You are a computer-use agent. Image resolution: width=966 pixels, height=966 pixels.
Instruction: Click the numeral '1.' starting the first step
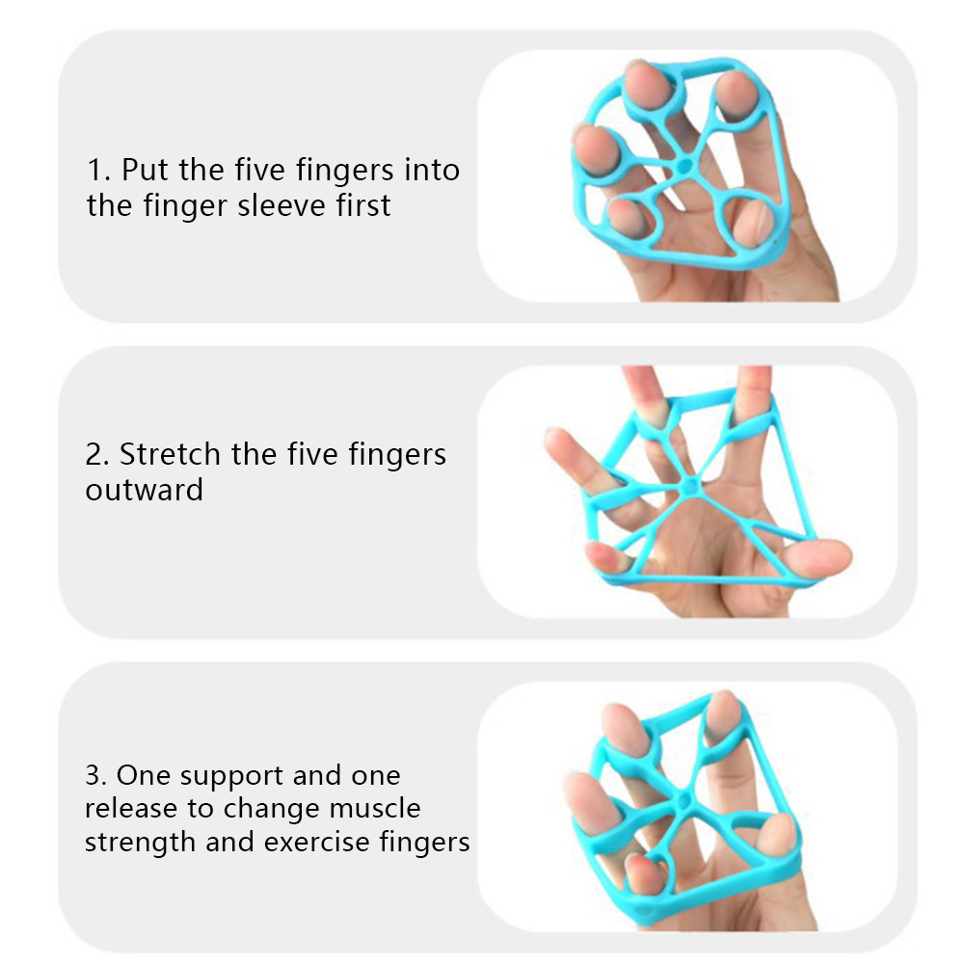[99, 170]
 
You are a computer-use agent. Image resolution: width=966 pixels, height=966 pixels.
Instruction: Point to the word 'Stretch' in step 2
[170, 454]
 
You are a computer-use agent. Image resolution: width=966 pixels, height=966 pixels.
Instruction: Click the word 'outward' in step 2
[145, 490]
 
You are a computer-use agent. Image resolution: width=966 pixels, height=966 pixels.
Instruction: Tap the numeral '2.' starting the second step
[97, 455]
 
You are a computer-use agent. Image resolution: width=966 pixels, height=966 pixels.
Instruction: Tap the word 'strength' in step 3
[140, 843]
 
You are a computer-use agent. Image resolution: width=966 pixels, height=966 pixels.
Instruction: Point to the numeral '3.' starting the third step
[96, 776]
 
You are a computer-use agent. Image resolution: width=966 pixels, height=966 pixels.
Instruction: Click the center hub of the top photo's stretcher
[684, 167]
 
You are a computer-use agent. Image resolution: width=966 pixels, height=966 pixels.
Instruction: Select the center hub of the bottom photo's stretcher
[684, 801]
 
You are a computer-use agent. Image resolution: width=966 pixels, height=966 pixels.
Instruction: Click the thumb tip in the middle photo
[843, 555]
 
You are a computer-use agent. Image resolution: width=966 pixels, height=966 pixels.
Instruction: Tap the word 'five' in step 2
[313, 454]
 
